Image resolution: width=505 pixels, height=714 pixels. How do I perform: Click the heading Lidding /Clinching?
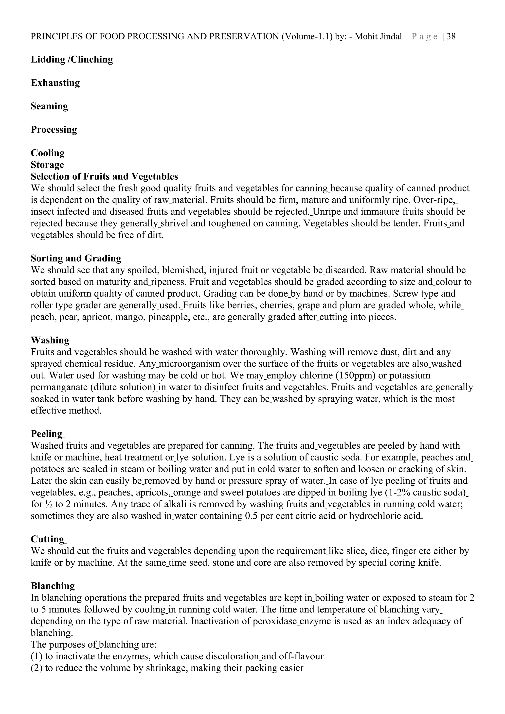click(x=72, y=59)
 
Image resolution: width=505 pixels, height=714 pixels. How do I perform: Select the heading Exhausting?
click(x=55, y=83)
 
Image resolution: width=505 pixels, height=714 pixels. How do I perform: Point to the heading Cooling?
click(x=48, y=153)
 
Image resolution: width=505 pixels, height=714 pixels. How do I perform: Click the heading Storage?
click(x=47, y=165)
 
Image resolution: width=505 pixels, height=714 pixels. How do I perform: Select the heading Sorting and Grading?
click(x=76, y=258)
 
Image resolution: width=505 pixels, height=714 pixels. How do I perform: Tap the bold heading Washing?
click(x=50, y=340)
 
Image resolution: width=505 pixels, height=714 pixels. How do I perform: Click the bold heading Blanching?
click(x=53, y=586)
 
